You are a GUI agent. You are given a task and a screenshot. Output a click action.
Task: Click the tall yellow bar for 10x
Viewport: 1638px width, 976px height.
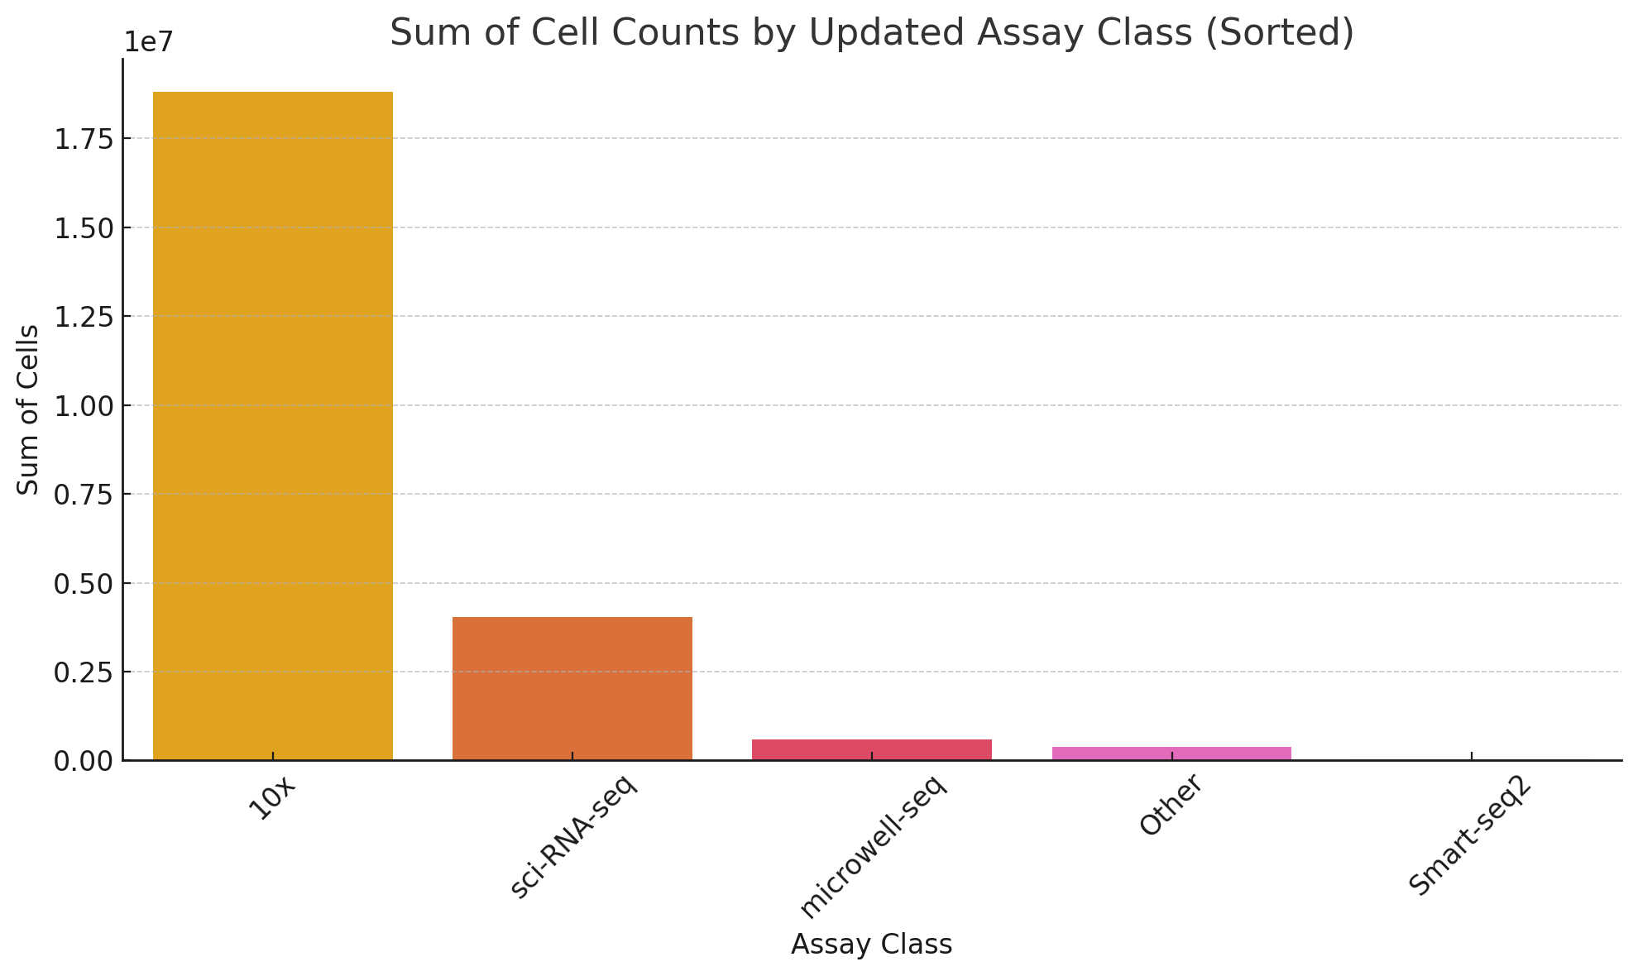(x=273, y=426)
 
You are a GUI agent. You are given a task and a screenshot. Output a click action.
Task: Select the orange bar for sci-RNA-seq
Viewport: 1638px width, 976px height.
(x=572, y=688)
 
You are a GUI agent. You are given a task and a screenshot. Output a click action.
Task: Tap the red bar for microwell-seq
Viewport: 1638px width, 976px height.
(x=872, y=749)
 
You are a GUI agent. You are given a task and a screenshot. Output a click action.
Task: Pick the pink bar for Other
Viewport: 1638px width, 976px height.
(x=1171, y=754)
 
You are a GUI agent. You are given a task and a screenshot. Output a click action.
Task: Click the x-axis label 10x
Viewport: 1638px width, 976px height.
(x=272, y=798)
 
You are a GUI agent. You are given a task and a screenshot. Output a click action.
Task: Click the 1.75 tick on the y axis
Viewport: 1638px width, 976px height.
(x=83, y=139)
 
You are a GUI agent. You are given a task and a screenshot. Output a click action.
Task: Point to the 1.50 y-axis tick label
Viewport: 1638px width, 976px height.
(x=83, y=228)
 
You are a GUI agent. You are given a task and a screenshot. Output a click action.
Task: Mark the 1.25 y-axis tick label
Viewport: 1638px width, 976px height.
(x=83, y=317)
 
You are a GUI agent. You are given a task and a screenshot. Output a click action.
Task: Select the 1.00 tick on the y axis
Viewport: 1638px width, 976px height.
(x=83, y=406)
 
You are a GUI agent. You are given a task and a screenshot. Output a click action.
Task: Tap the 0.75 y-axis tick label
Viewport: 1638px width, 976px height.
(x=83, y=495)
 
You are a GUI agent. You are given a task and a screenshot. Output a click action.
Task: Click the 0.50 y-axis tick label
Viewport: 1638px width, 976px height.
(x=83, y=584)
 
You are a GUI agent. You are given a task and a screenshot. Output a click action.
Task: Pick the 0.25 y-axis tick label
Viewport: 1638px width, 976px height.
(x=83, y=672)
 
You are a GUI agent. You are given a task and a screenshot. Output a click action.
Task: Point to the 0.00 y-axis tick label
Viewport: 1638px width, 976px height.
(x=83, y=761)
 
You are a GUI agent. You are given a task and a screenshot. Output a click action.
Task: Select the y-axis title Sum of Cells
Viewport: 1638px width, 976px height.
(x=29, y=409)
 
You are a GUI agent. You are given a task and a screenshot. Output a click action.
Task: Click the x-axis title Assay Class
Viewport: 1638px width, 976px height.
(x=871, y=945)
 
